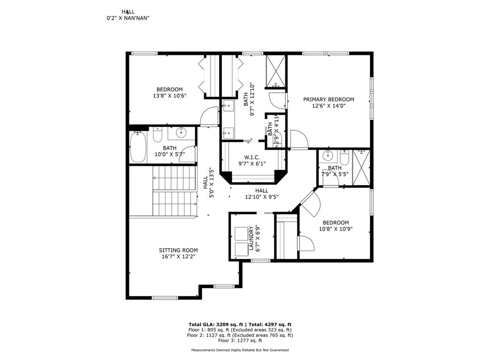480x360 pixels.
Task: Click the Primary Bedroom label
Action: (328, 99)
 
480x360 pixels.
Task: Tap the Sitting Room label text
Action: (178, 250)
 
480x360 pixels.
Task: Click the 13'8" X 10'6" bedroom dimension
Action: (169, 96)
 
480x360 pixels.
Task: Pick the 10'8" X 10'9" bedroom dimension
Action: (335, 229)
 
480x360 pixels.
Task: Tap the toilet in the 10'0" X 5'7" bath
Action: (157, 135)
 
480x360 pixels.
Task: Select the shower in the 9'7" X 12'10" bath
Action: (276, 71)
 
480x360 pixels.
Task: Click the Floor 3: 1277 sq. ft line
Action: (240, 341)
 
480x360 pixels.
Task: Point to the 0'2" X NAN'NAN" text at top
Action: (127, 18)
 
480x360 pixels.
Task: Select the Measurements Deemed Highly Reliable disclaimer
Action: (240, 350)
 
